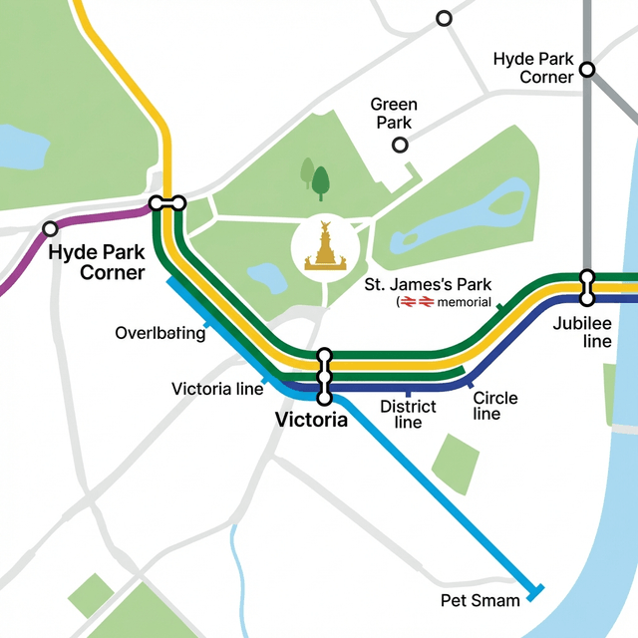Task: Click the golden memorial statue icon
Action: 325,248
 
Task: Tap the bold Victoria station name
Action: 311,420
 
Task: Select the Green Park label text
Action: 394,114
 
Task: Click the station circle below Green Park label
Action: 400,146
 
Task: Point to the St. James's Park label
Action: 421,286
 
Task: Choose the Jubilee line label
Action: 582,333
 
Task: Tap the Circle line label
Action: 494,406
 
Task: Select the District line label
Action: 408,414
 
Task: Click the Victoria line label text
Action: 217,389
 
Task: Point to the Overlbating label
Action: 159,333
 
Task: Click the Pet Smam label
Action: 480,600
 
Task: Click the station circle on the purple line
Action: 50,228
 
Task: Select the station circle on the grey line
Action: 587,70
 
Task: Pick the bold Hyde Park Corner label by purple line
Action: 96,262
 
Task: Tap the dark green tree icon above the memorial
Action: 320,182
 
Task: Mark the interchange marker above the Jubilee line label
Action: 587,286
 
